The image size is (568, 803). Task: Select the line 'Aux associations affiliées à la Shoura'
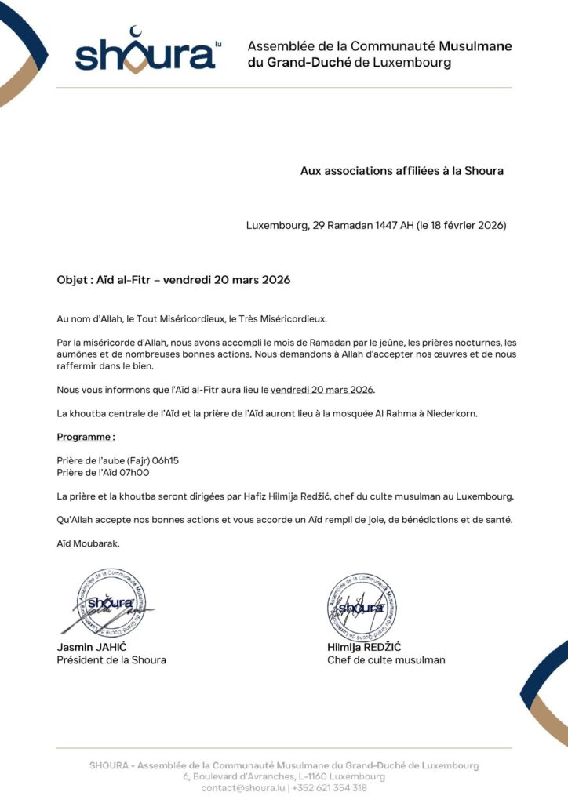(x=402, y=170)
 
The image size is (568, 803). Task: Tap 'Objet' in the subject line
(x=72, y=280)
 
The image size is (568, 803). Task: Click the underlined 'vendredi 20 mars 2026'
(x=322, y=390)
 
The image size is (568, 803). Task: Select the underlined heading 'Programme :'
(x=86, y=436)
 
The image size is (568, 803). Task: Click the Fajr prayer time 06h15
(x=164, y=460)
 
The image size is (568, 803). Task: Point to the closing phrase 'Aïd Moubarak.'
(x=89, y=543)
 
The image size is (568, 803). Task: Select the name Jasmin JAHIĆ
(x=92, y=648)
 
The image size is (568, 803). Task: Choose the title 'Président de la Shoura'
(x=111, y=660)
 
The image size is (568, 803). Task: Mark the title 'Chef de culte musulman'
(x=386, y=660)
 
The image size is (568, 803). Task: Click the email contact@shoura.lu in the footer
(x=243, y=788)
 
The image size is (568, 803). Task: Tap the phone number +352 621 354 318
(x=330, y=788)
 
